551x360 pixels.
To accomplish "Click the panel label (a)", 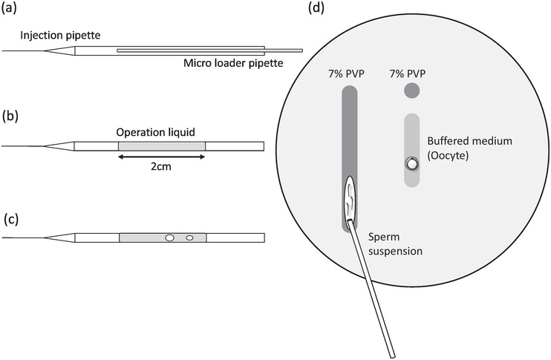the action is (x=9, y=8).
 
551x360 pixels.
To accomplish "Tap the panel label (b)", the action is (x=10, y=116).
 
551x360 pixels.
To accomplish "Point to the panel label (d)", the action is (x=316, y=7).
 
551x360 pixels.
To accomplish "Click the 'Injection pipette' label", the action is (x=60, y=36).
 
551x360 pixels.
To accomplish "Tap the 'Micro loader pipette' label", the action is (x=233, y=63).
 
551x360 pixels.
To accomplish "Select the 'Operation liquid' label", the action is (x=156, y=132).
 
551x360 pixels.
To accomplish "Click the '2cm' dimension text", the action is (x=161, y=166).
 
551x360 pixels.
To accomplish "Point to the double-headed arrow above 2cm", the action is (x=161, y=157).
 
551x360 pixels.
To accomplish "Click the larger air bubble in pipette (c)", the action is (x=170, y=238).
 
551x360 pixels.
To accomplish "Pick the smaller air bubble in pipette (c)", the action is (x=190, y=238).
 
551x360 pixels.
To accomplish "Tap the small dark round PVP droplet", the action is (x=412, y=91).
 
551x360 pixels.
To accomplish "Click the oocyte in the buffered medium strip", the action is (x=411, y=163).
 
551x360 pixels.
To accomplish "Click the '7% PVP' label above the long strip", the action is (x=347, y=74).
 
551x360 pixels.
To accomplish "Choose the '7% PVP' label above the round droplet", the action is (x=408, y=74).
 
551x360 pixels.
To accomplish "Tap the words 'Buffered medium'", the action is (x=469, y=141).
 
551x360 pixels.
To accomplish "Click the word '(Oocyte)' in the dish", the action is (x=448, y=156).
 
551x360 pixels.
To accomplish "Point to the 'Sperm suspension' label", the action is (x=395, y=243).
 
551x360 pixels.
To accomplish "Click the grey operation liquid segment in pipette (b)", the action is (x=162, y=146).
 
